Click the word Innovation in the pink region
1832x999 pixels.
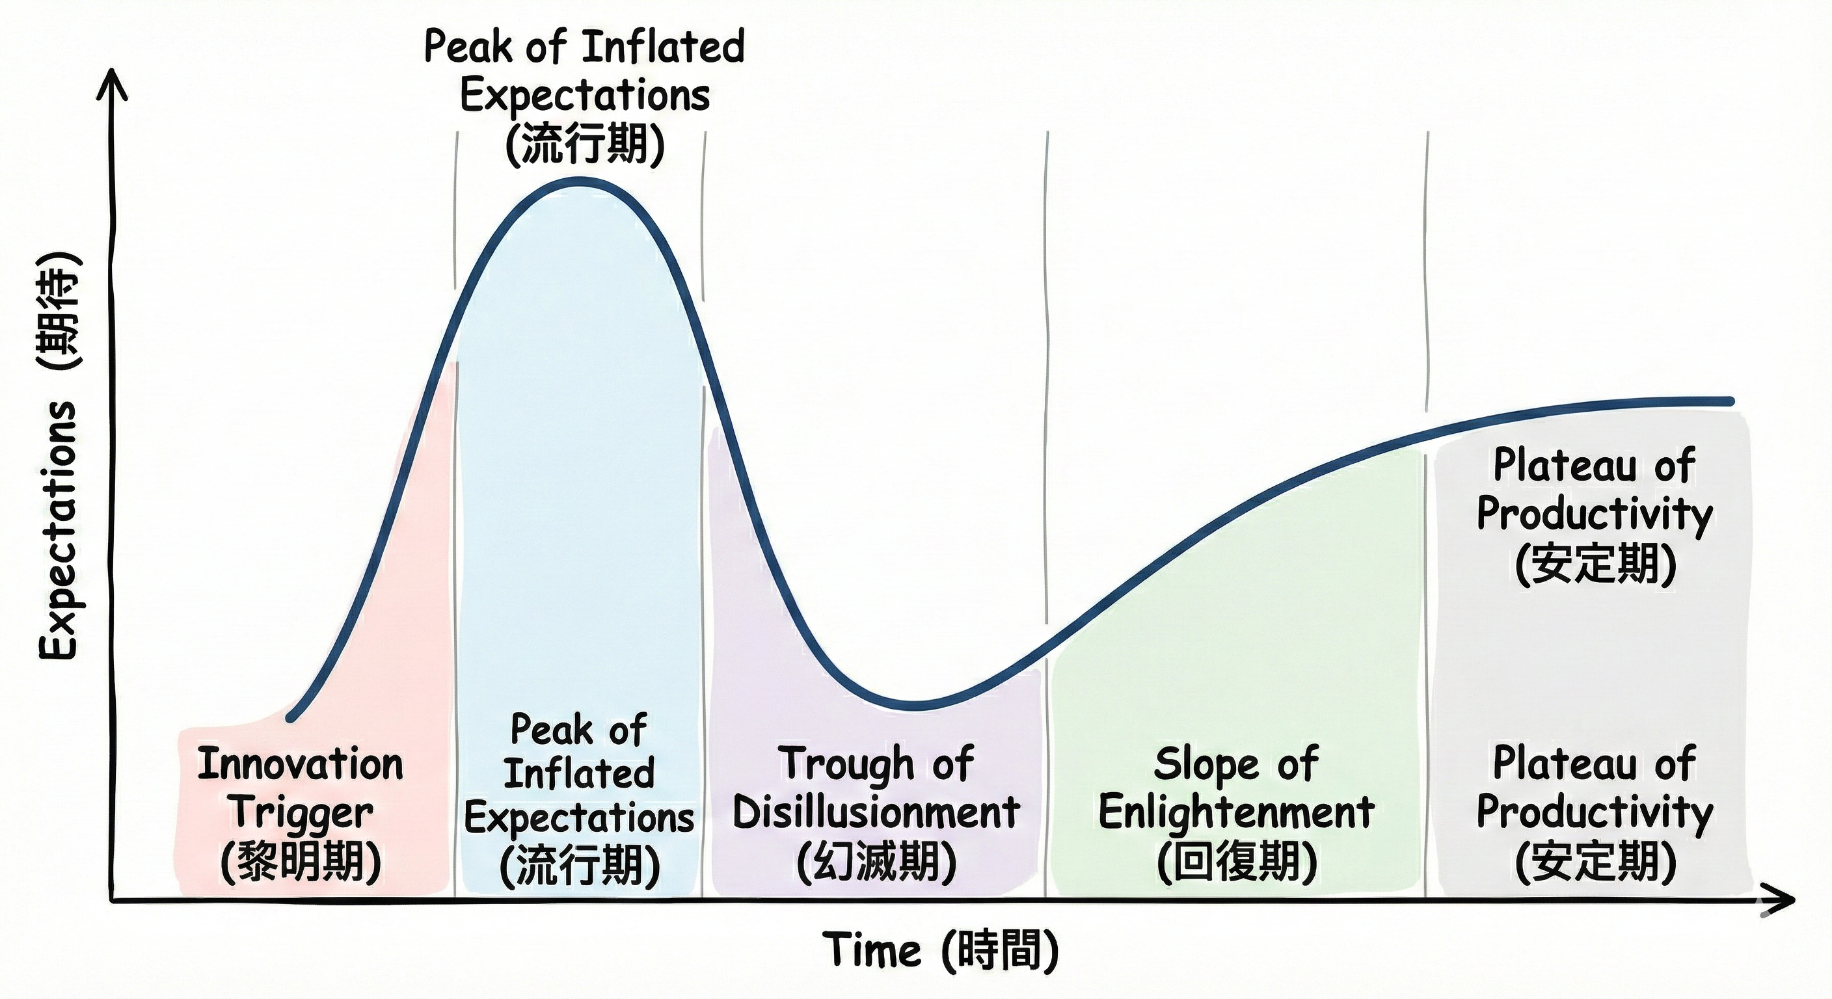(300, 765)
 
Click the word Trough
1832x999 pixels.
(844, 765)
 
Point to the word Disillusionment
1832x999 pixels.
(876, 813)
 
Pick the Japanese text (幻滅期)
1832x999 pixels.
(876, 862)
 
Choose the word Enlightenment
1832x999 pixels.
(1236, 813)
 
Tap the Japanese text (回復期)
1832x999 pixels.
(1237, 862)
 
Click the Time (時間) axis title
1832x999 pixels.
(940, 950)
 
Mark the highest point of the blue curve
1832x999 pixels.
(580, 181)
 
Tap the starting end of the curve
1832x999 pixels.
(290, 718)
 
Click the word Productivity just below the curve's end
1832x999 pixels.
(1595, 515)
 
